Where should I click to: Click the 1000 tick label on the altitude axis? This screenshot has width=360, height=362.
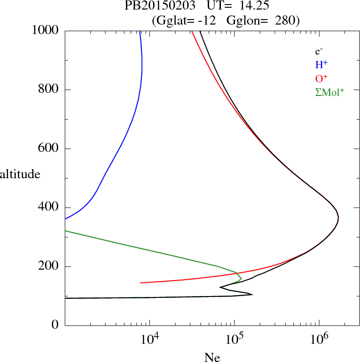click(x=45, y=30)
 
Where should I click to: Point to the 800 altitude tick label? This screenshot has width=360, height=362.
click(x=50, y=90)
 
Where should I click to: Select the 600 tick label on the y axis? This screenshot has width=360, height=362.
click(x=50, y=149)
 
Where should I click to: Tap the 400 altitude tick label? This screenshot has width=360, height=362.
click(x=50, y=207)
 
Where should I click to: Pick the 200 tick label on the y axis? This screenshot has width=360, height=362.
click(x=50, y=266)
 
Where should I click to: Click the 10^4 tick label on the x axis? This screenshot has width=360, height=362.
click(x=149, y=338)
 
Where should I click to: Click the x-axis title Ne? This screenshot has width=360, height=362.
click(x=212, y=357)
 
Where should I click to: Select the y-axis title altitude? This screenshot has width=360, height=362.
click(x=20, y=174)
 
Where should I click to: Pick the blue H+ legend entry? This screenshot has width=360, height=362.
click(x=322, y=65)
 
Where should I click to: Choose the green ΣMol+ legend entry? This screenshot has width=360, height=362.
click(x=329, y=91)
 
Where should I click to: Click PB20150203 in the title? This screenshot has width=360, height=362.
click(x=154, y=7)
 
